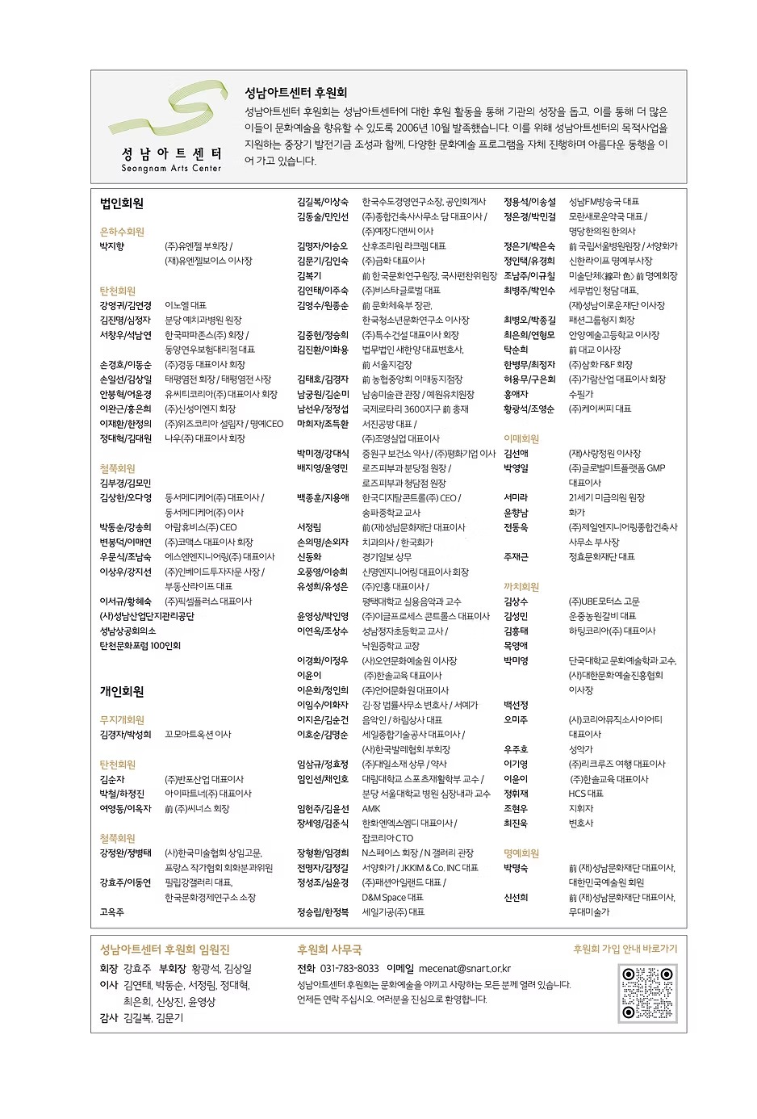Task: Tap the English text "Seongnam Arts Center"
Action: pyautogui.click(x=171, y=169)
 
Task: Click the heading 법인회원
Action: pyautogui.click(x=122, y=203)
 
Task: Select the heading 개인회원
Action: pyautogui.click(x=122, y=691)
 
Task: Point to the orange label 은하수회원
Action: pyautogui.click(x=122, y=232)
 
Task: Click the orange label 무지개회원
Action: pyautogui.click(x=122, y=719)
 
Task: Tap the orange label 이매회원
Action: pyautogui.click(x=521, y=439)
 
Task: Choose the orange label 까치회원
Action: pyautogui.click(x=521, y=587)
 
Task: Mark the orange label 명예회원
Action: pyautogui.click(x=521, y=853)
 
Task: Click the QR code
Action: pyautogui.click(x=647, y=993)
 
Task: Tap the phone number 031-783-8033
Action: pyautogui.click(x=349, y=968)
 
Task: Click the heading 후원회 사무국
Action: pyautogui.click(x=329, y=949)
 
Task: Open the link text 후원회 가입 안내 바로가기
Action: pyautogui.click(x=625, y=949)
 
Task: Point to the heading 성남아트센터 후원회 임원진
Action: pyautogui.click(x=165, y=949)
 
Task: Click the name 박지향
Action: pyautogui.click(x=112, y=246)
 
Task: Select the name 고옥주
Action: pyautogui.click(x=112, y=912)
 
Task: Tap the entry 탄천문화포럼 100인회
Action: pyautogui.click(x=140, y=646)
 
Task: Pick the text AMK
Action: pyautogui.click(x=371, y=808)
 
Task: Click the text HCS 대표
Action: pyautogui.click(x=586, y=794)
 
